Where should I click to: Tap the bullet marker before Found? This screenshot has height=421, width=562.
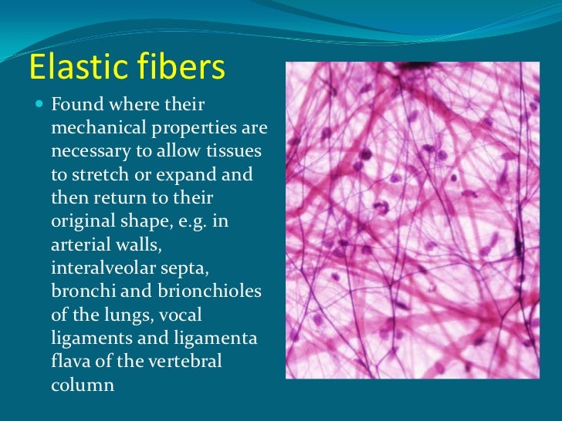pos(40,103)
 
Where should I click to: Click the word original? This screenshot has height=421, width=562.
pos(80,221)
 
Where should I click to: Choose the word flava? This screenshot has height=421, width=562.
pos(69,360)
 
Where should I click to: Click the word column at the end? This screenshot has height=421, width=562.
pos(83,384)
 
